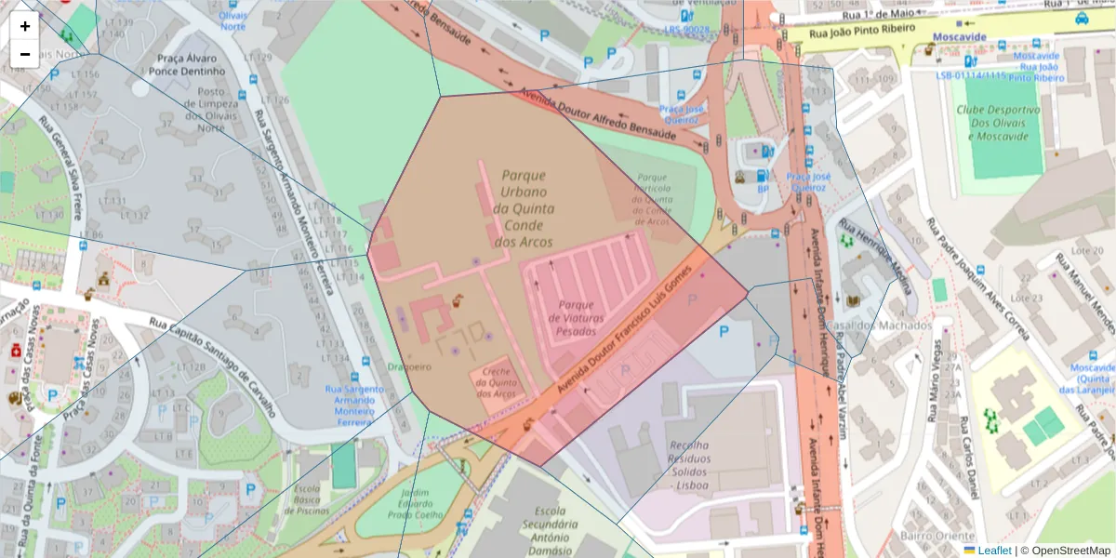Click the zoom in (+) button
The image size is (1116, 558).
[25, 26]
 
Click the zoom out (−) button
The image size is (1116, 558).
[25, 54]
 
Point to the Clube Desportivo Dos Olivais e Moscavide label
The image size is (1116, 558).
[997, 123]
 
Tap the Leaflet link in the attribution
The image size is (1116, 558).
[993, 550]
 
